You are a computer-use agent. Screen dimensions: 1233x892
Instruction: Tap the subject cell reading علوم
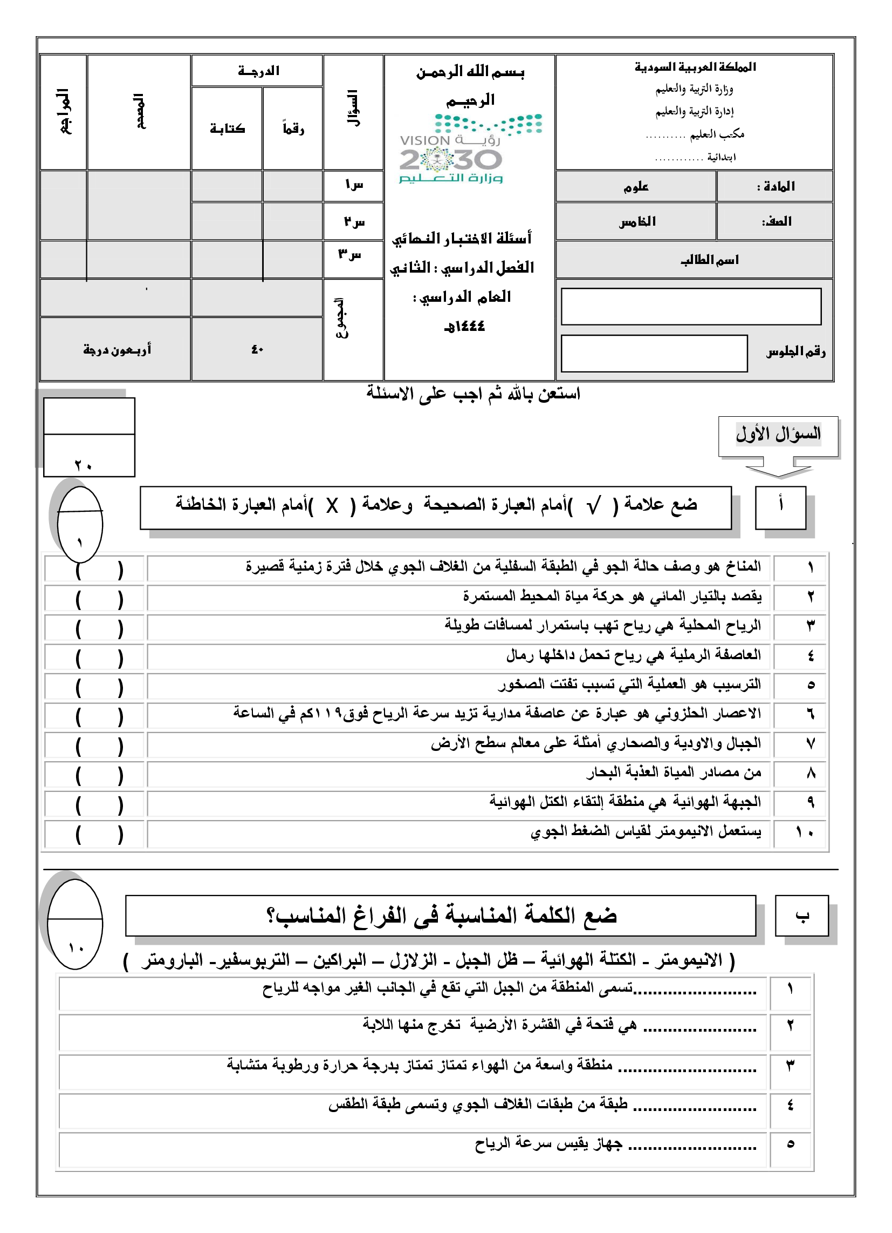pyautogui.click(x=636, y=187)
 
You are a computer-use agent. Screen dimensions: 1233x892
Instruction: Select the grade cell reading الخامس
pyautogui.click(x=637, y=221)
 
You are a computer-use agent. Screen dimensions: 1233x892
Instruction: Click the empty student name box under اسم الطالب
pyautogui.click(x=690, y=307)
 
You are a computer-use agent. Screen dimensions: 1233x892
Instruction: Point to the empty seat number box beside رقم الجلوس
pyautogui.click(x=654, y=354)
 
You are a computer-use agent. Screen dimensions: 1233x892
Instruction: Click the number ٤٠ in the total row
pyautogui.click(x=257, y=350)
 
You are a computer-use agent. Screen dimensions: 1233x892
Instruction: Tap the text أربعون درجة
pyautogui.click(x=117, y=350)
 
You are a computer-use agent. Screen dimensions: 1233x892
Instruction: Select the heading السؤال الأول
pyautogui.click(x=778, y=434)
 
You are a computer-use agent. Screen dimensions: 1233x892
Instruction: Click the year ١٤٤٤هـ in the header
pyautogui.click(x=464, y=326)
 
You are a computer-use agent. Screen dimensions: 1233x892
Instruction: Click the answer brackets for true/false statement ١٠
pyautogui.click(x=99, y=834)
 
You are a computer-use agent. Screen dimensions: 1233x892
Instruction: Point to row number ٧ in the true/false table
pyautogui.click(x=810, y=744)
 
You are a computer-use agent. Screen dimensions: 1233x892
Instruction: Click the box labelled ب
pyautogui.click(x=801, y=917)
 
